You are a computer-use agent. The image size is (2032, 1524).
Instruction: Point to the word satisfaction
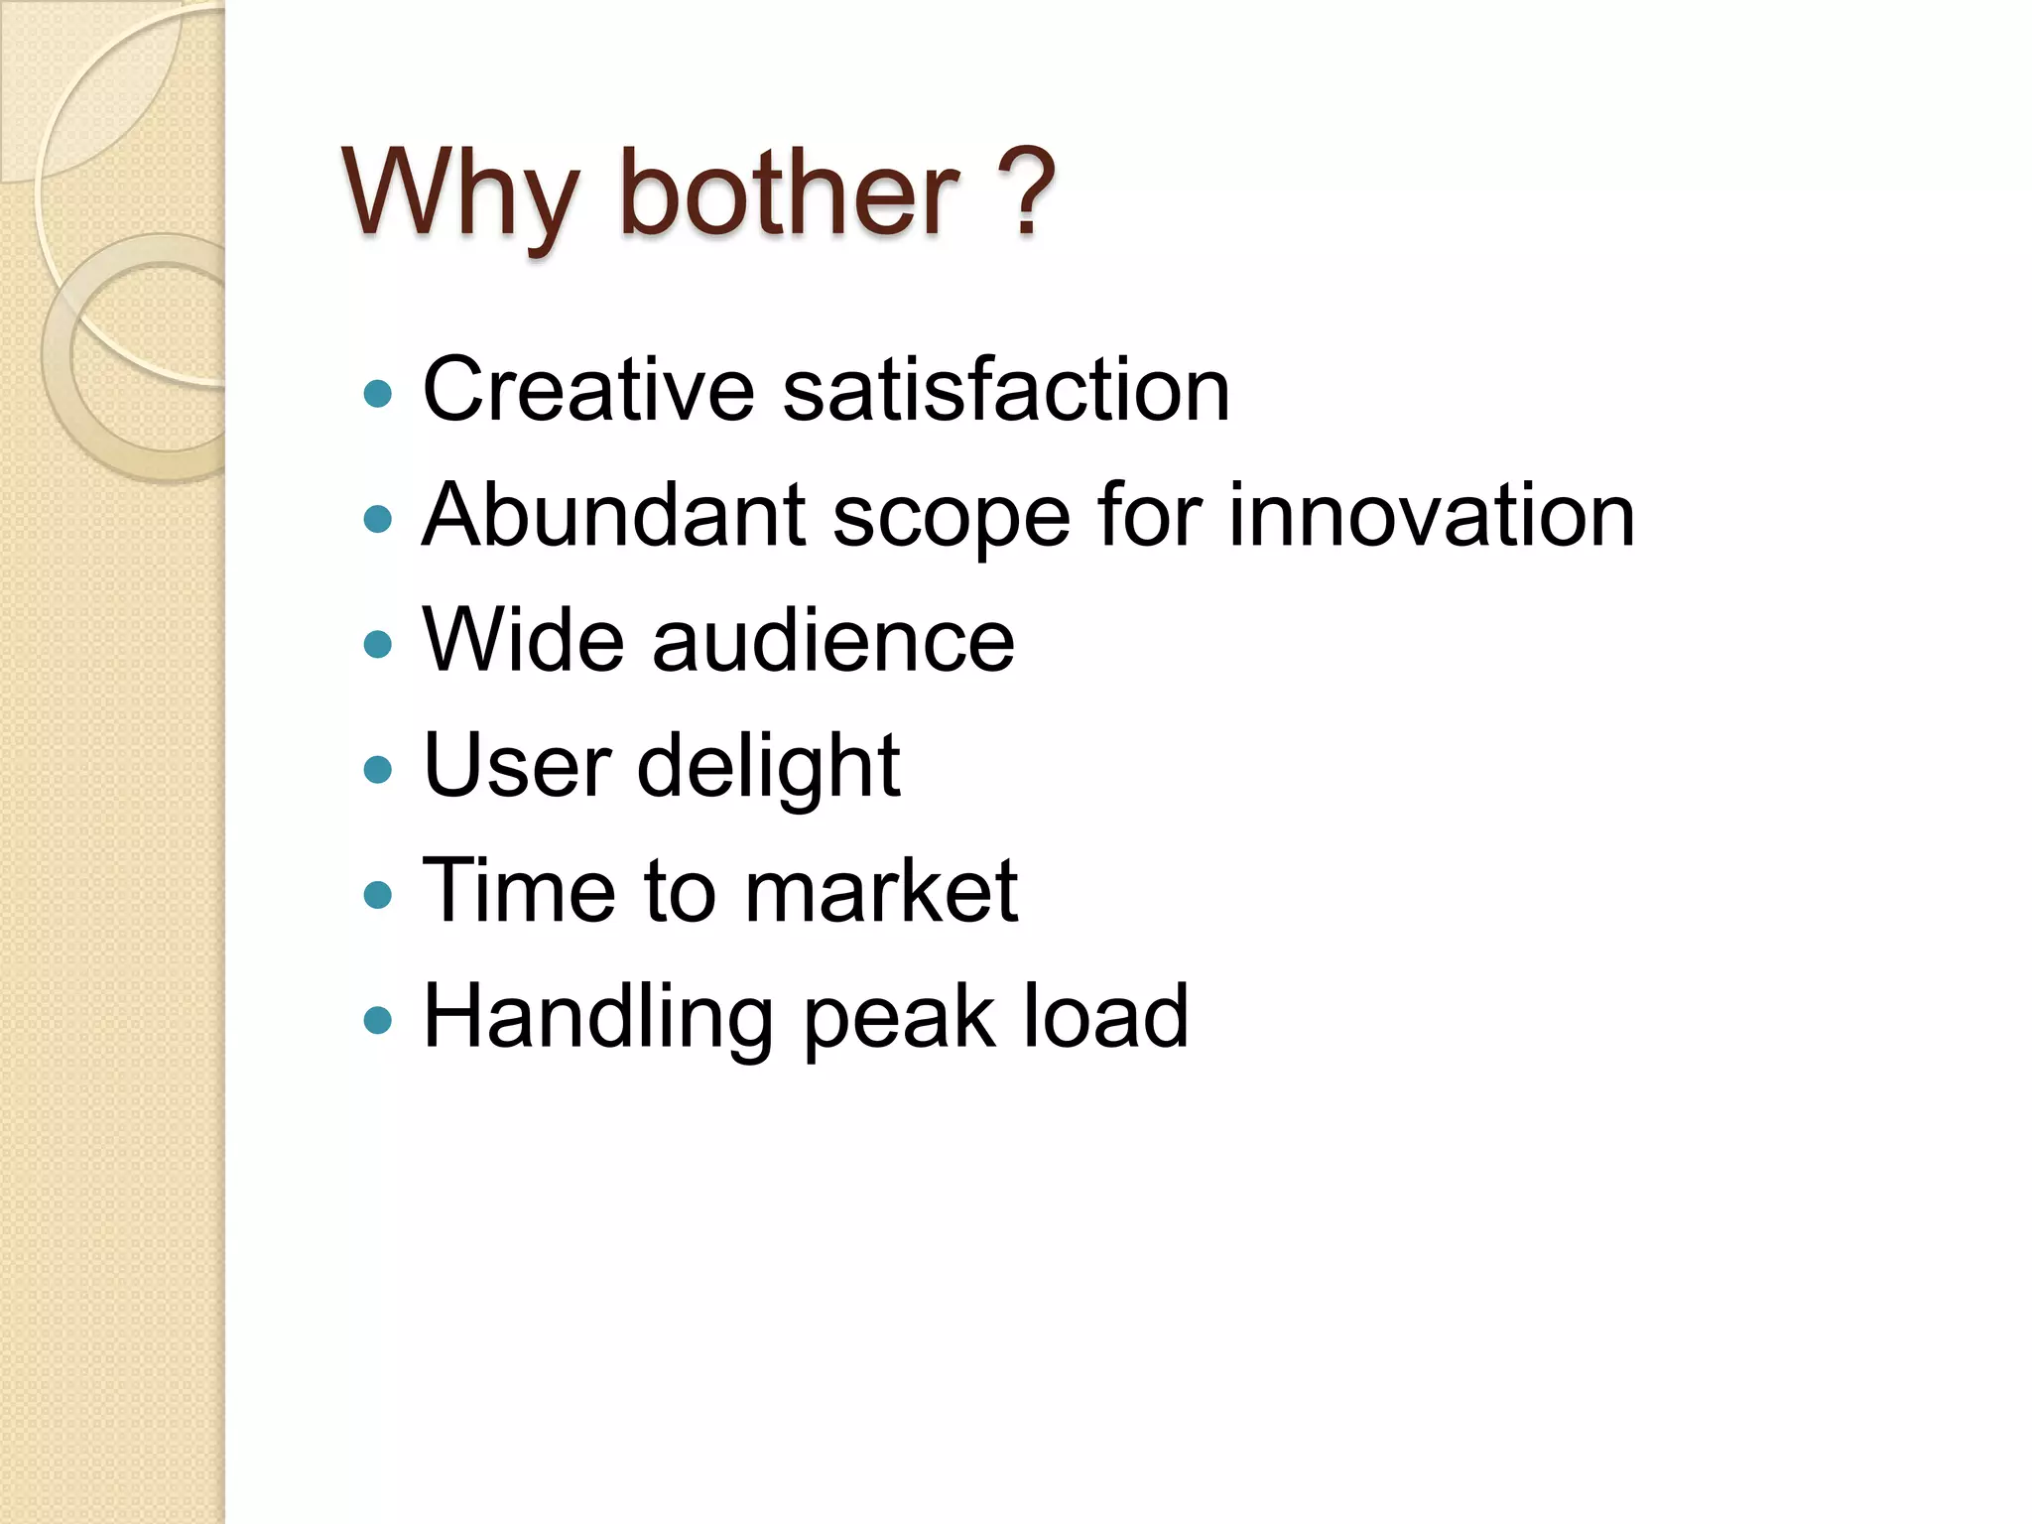point(1006,389)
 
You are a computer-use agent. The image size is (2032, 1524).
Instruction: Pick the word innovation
point(1432,515)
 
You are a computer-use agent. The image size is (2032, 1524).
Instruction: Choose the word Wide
point(523,640)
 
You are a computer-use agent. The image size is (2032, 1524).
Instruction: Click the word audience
point(833,640)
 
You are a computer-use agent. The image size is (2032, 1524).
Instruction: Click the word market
point(881,890)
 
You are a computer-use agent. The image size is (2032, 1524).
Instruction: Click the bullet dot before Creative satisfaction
point(378,394)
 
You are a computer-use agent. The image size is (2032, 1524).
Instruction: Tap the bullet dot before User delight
point(378,770)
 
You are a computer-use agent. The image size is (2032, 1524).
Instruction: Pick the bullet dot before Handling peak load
point(378,1021)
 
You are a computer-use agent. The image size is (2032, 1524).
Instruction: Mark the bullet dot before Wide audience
point(378,645)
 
